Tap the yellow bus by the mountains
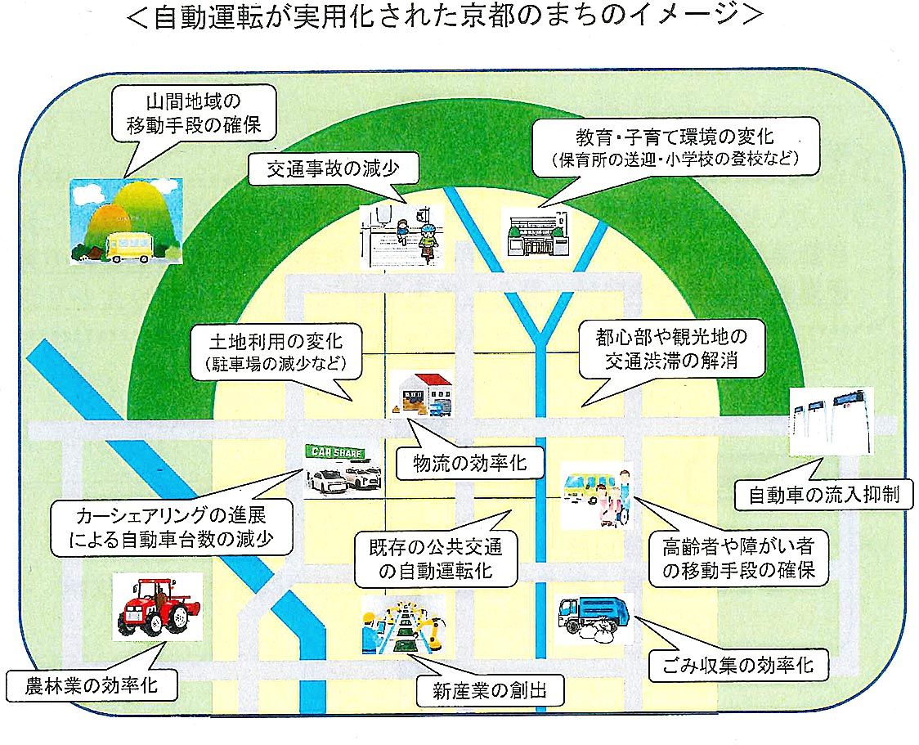click(x=128, y=246)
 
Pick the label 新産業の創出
click(x=491, y=692)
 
